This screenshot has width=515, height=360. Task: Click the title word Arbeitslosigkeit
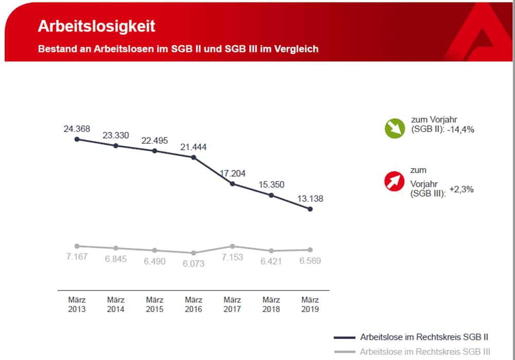(x=96, y=26)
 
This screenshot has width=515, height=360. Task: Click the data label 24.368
(x=77, y=128)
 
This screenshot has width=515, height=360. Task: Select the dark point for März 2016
(x=194, y=157)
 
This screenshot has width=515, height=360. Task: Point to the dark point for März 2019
(x=310, y=209)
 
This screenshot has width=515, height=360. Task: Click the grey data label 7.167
(x=77, y=256)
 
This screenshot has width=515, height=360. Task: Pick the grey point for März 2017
(x=233, y=246)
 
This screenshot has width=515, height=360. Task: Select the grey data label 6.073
(x=194, y=264)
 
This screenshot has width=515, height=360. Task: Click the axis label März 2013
(x=77, y=304)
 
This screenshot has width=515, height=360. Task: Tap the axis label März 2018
(x=271, y=304)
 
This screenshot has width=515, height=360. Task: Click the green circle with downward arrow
(x=394, y=128)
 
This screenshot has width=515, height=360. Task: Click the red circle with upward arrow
(x=394, y=182)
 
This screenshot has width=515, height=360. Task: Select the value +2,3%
(x=461, y=190)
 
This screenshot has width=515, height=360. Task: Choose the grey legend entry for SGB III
(x=424, y=352)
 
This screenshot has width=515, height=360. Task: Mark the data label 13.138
(x=310, y=198)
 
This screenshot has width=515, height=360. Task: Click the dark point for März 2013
(x=77, y=139)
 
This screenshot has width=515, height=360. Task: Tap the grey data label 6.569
(x=310, y=261)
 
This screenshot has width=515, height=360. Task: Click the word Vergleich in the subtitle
(x=295, y=49)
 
